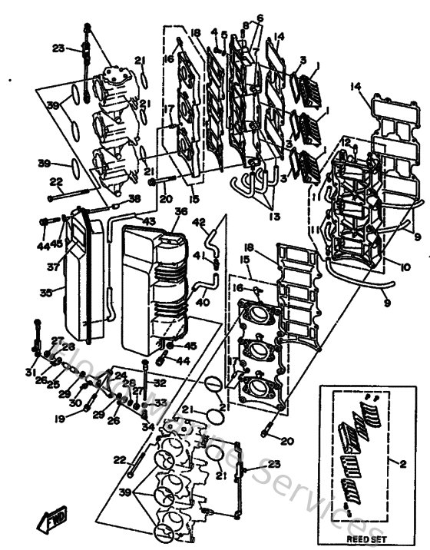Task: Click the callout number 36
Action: [x=180, y=211]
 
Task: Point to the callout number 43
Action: [x=147, y=222]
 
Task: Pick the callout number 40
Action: [x=202, y=302]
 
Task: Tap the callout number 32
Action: [x=160, y=382]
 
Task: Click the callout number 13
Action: [x=273, y=216]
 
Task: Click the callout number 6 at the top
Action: [x=260, y=18]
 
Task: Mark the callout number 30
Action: [x=74, y=403]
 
